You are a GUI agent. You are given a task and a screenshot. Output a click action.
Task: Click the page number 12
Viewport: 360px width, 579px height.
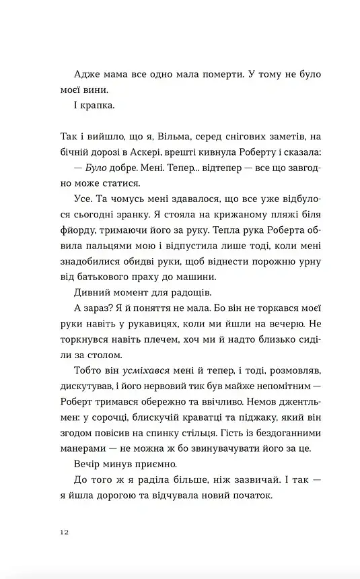point(64,532)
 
